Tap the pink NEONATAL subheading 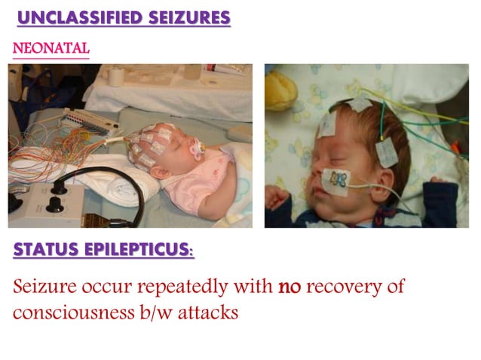pos(51,49)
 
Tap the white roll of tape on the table pos(115,76)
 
